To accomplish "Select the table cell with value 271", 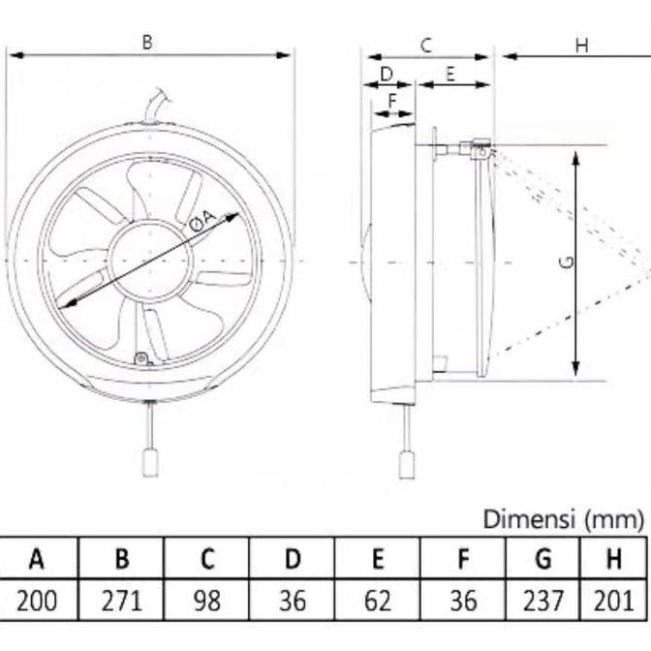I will (122, 602).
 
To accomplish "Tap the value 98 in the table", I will (206, 602).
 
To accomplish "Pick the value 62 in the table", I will (378, 602).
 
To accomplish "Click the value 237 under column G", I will (543, 602).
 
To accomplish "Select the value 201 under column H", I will (614, 602).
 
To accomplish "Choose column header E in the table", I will (378, 559).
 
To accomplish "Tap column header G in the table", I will (543, 559).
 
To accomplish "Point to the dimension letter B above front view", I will (147, 42).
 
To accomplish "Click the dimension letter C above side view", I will (425, 45).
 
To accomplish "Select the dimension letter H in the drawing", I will (581, 45).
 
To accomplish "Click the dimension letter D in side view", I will (386, 74).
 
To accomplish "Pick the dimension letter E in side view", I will (450, 74).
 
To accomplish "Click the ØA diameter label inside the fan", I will (201, 221).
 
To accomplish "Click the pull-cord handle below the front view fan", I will (150, 463).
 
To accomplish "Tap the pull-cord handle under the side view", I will (407, 465).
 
